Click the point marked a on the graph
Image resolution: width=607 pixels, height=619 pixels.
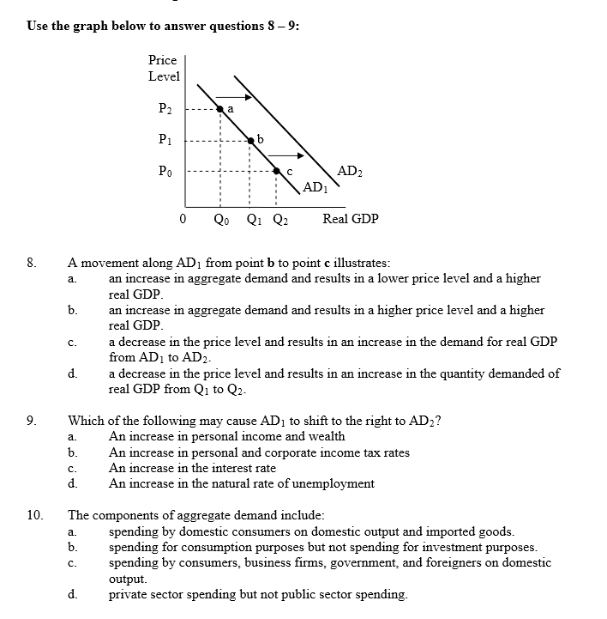(220, 109)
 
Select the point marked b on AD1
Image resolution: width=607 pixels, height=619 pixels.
(250, 139)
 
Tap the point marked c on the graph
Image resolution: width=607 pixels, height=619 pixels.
(276, 171)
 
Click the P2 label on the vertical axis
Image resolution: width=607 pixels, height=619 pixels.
(165, 109)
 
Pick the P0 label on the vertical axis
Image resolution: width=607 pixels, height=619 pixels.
(165, 171)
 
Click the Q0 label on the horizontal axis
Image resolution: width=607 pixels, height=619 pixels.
(220, 219)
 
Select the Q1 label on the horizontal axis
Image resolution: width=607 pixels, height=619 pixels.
(254, 219)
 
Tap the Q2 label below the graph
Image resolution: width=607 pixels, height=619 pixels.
(280, 219)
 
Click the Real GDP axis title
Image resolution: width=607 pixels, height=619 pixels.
(350, 219)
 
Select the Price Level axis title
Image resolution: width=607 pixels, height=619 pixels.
(163, 68)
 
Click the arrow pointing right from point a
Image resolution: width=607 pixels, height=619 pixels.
(229, 96)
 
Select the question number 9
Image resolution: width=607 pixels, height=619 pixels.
(31, 422)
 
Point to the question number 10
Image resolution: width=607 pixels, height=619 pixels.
(34, 516)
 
